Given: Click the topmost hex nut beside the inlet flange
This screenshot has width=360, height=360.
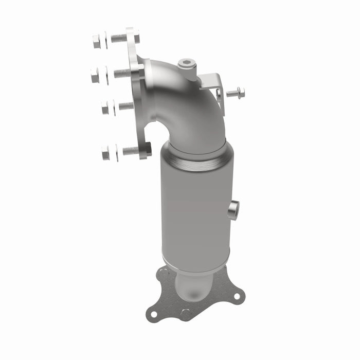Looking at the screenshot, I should tap(97, 41).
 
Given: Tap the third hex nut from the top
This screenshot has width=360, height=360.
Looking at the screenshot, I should tap(105, 107).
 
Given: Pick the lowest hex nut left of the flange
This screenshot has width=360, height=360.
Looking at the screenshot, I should tap(105, 152).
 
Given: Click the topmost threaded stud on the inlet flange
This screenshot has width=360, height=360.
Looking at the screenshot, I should tap(118, 38).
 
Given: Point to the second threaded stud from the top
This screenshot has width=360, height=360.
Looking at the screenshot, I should tap(122, 73).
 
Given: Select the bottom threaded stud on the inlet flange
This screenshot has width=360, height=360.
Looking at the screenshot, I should tap(131, 151).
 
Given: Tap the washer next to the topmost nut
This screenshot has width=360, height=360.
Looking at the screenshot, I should tap(105, 40).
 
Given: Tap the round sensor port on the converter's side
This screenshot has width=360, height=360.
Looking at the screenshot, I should tap(233, 209).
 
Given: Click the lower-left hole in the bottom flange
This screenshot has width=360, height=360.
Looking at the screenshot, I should tap(153, 312).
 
